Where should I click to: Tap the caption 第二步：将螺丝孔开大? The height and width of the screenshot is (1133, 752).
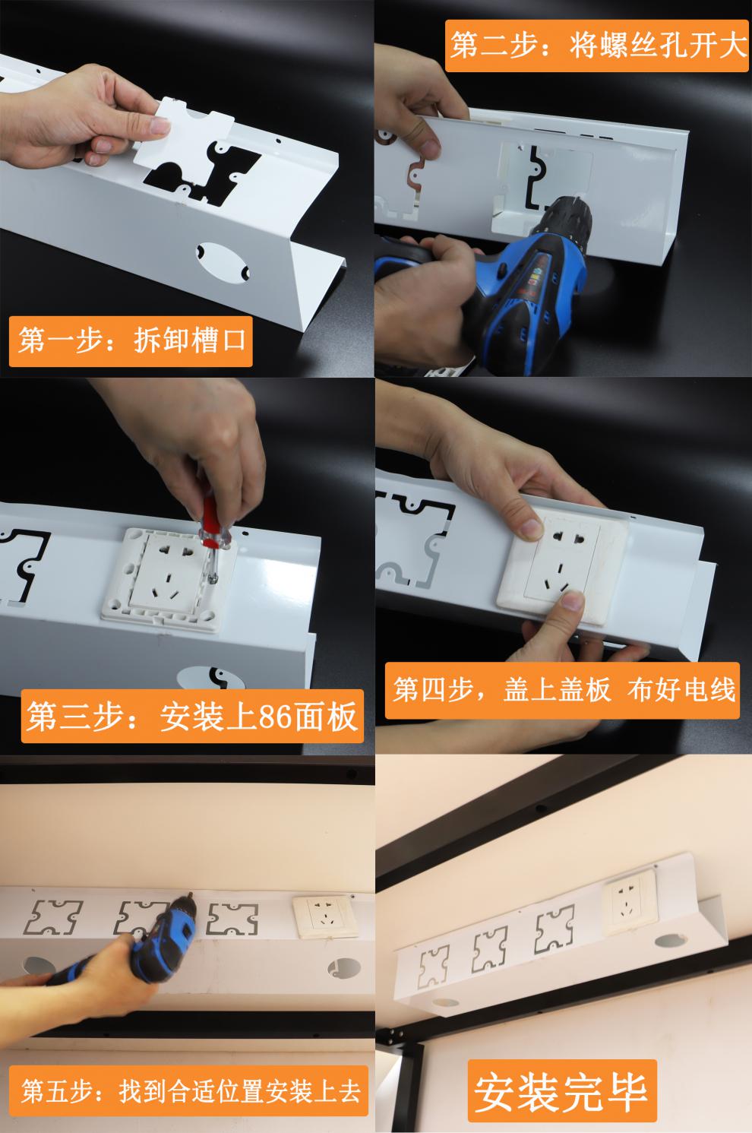(598, 46)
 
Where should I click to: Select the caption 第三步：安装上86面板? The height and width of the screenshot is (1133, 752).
(191, 717)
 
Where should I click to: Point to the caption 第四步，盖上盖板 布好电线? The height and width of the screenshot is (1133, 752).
(564, 690)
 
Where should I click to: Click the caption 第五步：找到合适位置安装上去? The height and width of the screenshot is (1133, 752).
(190, 1091)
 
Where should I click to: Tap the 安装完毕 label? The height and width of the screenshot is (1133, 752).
(561, 1090)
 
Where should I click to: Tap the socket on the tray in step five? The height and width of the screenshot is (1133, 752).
(325, 917)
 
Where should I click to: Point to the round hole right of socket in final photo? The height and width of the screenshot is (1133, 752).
(665, 942)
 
